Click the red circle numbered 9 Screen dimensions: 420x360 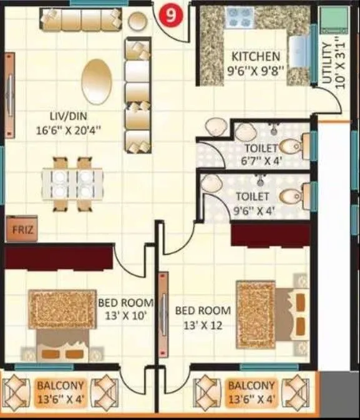tap(171, 16)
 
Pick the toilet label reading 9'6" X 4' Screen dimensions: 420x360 tap(253, 203)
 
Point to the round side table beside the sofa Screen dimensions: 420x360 tap(137, 21)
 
